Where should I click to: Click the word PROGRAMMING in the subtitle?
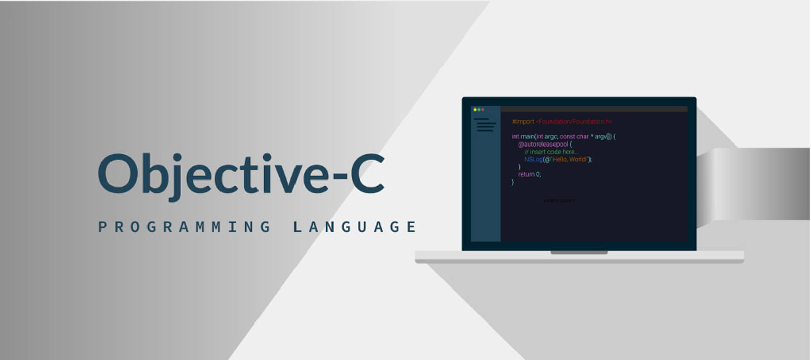tap(185, 227)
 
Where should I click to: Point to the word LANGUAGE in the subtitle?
tap(355, 227)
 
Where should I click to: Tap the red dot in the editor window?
tap(483, 110)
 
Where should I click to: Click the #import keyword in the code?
tap(523, 122)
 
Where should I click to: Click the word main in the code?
tap(527, 136)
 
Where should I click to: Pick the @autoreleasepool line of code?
tap(543, 144)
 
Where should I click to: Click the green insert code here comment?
tap(551, 152)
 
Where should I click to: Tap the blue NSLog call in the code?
tap(533, 159)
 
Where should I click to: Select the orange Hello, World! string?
tap(569, 159)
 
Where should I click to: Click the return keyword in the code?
tap(526, 174)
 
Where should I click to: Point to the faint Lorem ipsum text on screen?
tap(559, 200)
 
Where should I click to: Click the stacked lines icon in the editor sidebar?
tap(485, 125)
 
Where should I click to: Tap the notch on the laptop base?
tap(579, 253)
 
